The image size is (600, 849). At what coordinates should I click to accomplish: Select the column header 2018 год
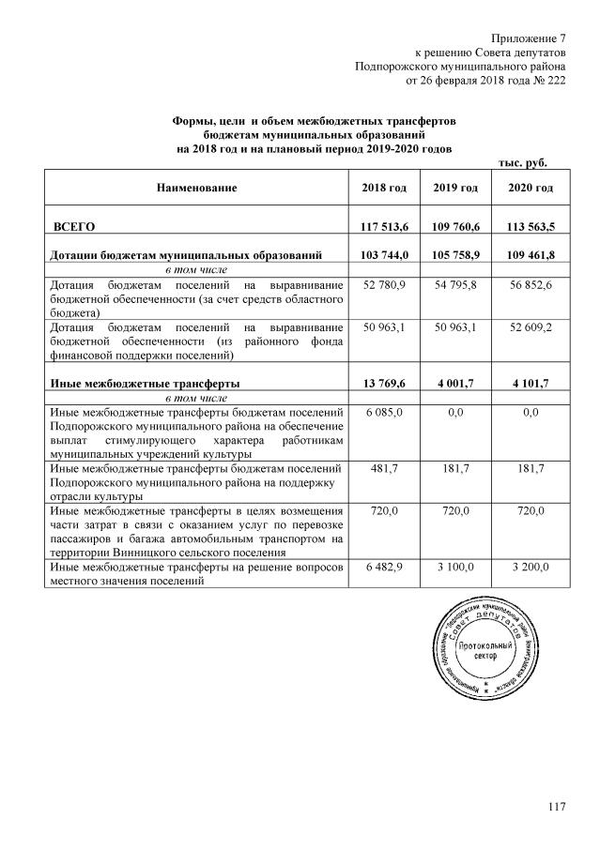point(383,189)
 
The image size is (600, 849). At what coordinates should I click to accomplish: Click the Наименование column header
point(196,189)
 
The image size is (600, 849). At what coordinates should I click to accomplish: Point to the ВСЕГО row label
point(74,227)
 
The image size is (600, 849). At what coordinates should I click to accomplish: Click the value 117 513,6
point(383,227)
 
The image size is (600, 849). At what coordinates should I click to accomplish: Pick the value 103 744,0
point(383,254)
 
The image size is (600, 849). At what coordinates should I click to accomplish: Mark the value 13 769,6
point(383,383)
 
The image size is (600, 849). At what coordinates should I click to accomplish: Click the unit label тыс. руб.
point(521,162)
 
